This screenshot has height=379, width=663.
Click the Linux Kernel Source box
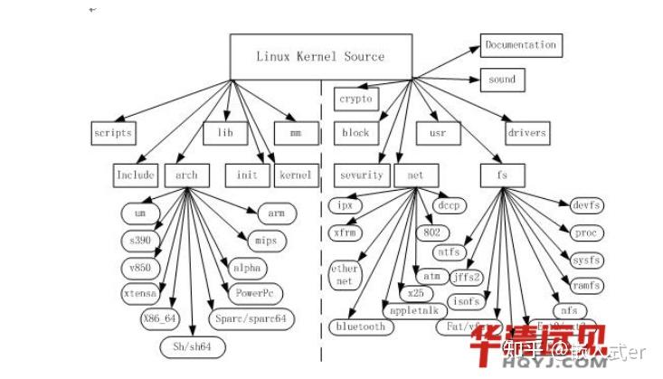click(320, 57)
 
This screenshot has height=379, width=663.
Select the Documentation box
click(519, 44)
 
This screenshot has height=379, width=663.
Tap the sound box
click(502, 80)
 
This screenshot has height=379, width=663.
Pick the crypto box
click(355, 98)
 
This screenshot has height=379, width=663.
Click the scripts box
click(114, 132)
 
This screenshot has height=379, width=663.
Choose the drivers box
click(526, 132)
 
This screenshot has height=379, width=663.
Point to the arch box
click(186, 175)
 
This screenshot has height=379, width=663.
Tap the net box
click(415, 175)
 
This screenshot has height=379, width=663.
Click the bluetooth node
click(360, 327)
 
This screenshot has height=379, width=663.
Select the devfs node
click(581, 206)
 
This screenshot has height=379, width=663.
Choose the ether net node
click(345, 275)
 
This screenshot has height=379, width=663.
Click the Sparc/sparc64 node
click(251, 319)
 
